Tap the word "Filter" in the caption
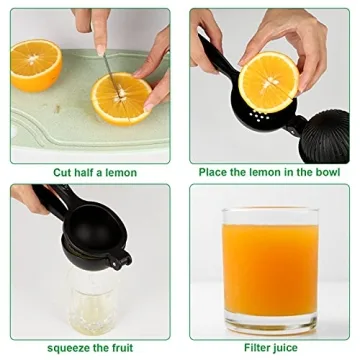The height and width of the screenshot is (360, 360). [x=243, y=347]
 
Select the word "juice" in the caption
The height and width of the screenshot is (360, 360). [x=282, y=347]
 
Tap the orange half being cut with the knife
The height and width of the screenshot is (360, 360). [x=121, y=98]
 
